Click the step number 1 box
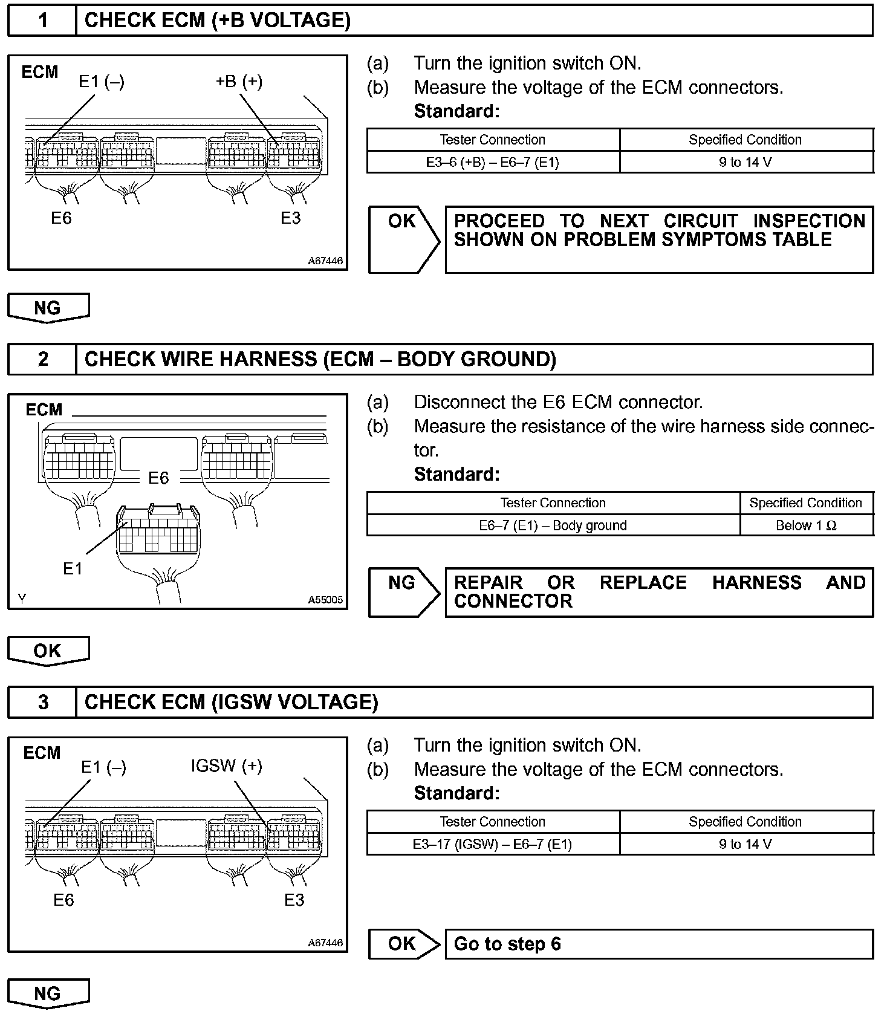point(42,21)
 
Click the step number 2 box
point(42,359)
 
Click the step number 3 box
point(42,702)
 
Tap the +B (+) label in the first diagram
point(239,81)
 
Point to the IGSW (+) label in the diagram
point(226,766)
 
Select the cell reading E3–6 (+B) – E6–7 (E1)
point(493,162)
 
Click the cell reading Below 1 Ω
point(806,525)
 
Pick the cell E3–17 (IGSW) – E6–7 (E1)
point(493,844)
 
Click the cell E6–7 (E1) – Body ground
point(553,525)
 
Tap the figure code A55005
point(325,600)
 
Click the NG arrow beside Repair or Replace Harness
point(404,592)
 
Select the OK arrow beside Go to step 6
point(404,944)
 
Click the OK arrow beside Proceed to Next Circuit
point(404,239)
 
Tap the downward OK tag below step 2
point(48,651)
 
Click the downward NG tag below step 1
point(48,308)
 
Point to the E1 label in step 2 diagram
point(73,568)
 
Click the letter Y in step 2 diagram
point(22,599)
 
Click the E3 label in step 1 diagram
point(291,218)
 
